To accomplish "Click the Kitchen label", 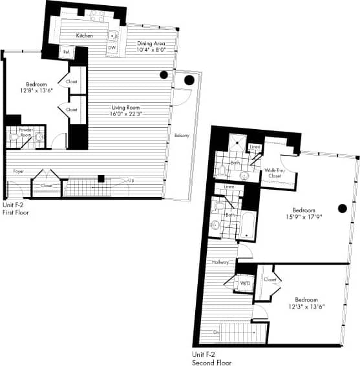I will tap(85, 36).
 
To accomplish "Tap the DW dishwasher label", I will tap(111, 48).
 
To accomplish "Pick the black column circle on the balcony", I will tap(189, 81).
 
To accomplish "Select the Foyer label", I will tap(19, 171).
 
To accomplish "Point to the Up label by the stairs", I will tap(131, 180).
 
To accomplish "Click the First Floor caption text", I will tap(16, 212).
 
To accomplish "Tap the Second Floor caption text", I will tap(213, 361).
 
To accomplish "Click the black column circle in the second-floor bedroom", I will tap(343, 208).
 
